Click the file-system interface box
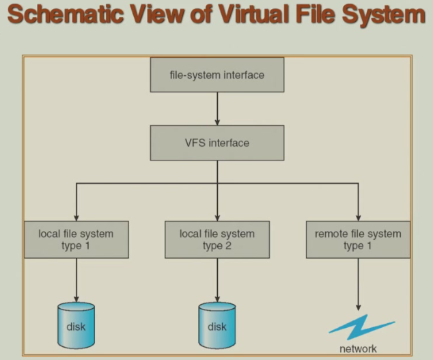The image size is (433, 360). [x=216, y=74]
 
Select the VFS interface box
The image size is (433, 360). [x=216, y=143]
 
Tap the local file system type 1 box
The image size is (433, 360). [x=76, y=239]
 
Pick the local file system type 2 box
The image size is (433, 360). [x=216, y=239]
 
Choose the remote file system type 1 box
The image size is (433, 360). [x=358, y=239]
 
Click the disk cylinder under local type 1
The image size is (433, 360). [x=75, y=324]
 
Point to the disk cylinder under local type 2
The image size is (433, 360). [x=216, y=325]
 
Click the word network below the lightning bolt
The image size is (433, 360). [x=358, y=349]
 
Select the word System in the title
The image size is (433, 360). [x=382, y=16]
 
